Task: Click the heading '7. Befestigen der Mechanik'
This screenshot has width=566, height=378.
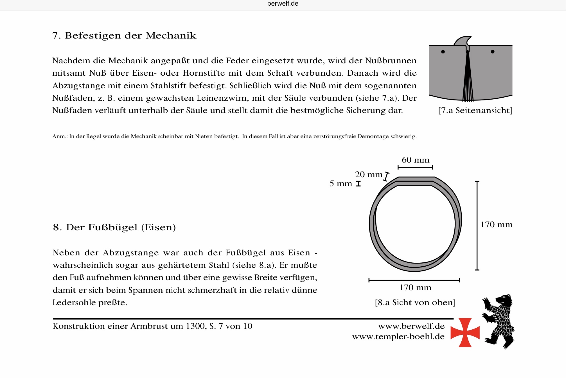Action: (x=124, y=35)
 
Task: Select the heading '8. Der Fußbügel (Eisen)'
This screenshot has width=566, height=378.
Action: (x=114, y=227)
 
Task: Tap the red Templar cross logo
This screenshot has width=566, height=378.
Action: (x=465, y=332)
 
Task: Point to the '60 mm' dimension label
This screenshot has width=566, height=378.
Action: (x=415, y=160)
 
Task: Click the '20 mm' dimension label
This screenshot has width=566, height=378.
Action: (x=369, y=174)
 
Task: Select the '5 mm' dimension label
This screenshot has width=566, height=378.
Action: (x=340, y=183)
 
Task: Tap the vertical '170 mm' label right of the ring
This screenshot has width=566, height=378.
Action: (x=496, y=224)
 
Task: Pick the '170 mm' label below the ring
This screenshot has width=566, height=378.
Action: (x=415, y=287)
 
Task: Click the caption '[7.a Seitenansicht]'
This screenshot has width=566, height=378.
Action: (x=475, y=110)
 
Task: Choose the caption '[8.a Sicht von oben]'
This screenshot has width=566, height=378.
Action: (x=415, y=302)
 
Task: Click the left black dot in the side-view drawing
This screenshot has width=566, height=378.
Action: (x=443, y=52)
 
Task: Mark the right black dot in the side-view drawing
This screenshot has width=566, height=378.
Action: (x=493, y=52)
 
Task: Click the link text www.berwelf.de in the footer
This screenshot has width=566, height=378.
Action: (x=411, y=326)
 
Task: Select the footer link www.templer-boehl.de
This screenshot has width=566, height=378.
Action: (x=398, y=336)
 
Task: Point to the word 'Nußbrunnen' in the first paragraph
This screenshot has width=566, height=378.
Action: (x=391, y=60)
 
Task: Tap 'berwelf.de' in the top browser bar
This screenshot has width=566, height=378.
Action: (x=283, y=4)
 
